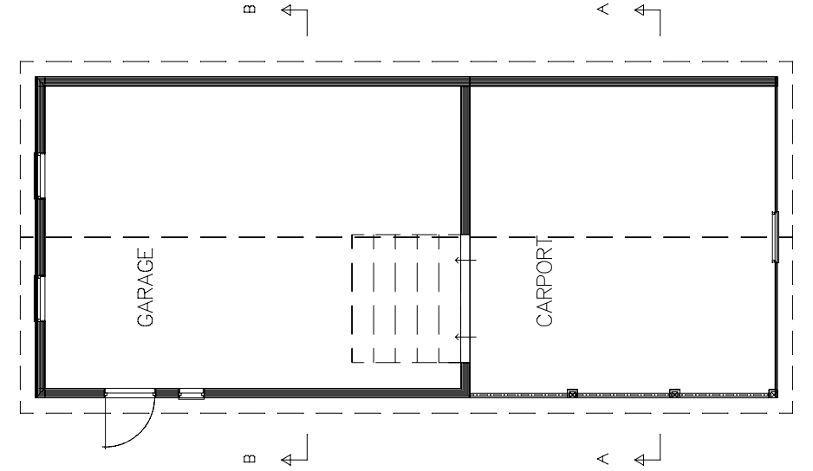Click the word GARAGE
[146, 287]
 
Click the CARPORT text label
[544, 281]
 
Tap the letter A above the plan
[602, 10]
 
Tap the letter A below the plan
[602, 459]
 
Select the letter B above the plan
[250, 9]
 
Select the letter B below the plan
[250, 459]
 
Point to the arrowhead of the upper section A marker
[640, 10]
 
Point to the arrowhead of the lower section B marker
[286, 459]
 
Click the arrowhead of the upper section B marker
[286, 10]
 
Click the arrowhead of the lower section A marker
[640, 459]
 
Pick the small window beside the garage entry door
[192, 394]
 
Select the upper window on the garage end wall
[39, 176]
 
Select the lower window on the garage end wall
[39, 299]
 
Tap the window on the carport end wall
[776, 236]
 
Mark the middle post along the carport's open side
[674, 394]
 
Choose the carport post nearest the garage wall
[572, 394]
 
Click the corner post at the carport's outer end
[772, 394]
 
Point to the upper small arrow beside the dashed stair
[465, 260]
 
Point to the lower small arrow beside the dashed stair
[465, 338]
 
